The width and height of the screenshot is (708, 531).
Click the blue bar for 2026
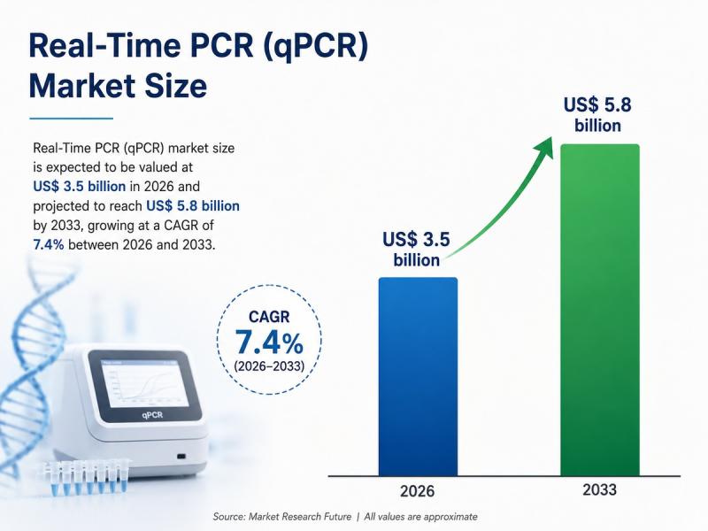[418, 377]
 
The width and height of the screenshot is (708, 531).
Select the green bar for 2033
[600, 310]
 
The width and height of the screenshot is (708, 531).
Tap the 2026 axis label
[417, 491]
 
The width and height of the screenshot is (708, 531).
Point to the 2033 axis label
[600, 490]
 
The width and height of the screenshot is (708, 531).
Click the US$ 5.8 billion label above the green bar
[597, 115]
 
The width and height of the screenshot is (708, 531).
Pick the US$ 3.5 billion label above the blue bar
[416, 250]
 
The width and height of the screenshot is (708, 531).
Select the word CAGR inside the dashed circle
[269, 317]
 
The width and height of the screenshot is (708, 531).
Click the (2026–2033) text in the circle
[269, 366]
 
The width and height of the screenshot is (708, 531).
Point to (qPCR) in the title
[315, 46]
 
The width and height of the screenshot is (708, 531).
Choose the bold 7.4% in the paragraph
[49, 245]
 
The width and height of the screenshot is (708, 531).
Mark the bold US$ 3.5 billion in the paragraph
[80, 187]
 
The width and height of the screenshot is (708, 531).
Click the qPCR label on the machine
[152, 414]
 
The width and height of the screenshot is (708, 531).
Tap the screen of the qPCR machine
[145, 383]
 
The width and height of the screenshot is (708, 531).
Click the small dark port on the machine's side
[181, 456]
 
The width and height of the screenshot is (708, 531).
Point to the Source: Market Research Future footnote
[282, 517]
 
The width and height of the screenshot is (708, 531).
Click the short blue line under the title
[72, 119]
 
